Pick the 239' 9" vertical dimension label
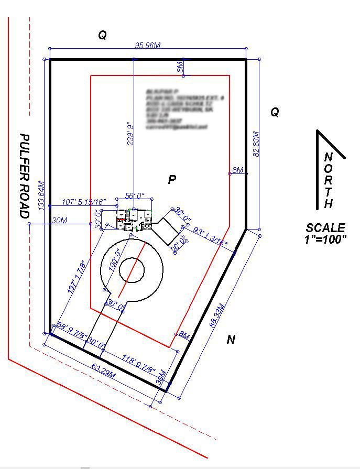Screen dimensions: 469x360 click(x=129, y=133)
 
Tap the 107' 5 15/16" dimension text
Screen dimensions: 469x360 click(x=84, y=202)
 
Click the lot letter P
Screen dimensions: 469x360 click(x=171, y=180)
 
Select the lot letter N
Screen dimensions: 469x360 click(x=231, y=340)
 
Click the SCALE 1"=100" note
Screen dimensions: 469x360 click(x=326, y=233)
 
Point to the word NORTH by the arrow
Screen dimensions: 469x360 click(x=328, y=180)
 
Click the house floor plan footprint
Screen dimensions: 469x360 click(x=134, y=220)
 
